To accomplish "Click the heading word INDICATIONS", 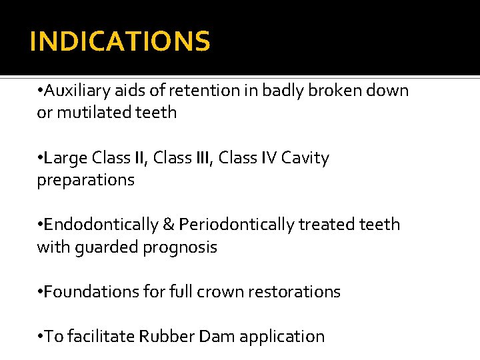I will click(x=120, y=41).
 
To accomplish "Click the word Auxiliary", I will click(x=73, y=91).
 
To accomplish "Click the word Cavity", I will click(x=305, y=158).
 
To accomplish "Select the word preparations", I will click(x=85, y=180).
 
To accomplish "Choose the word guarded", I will click(x=103, y=247).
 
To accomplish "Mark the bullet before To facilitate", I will click(x=40, y=337).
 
